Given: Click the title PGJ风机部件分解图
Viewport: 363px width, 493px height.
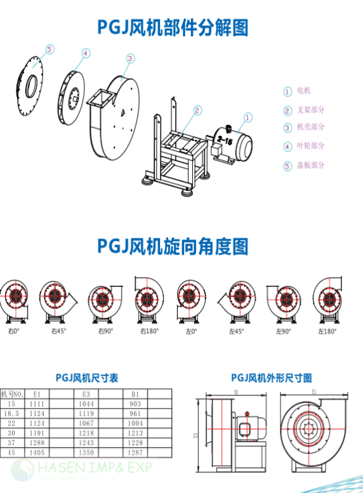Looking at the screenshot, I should pyautogui.click(x=172, y=27).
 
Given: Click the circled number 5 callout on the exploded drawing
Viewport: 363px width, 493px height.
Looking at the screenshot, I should pyautogui.click(x=50, y=48).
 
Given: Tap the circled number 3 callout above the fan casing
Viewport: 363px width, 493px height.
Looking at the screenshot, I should pyautogui.click(x=129, y=58).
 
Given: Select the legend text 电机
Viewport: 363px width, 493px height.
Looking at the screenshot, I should pyautogui.click(x=304, y=91).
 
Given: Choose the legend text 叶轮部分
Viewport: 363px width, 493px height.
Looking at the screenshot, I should pyautogui.click(x=310, y=146).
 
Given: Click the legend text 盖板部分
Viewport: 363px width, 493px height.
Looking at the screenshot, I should pyautogui.click(x=310, y=165).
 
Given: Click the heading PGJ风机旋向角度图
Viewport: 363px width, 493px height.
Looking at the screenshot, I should pyautogui.click(x=173, y=246).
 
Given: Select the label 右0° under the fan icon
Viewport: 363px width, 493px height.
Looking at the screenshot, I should pyautogui.click(x=14, y=331).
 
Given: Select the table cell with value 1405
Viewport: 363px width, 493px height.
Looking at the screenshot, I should pyautogui.click(x=37, y=453).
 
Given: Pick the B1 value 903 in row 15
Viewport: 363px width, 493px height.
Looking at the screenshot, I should pyautogui.click(x=135, y=404).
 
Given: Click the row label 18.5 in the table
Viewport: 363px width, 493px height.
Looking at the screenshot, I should pyautogui.click(x=11, y=413).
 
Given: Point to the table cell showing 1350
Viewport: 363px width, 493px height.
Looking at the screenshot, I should pyautogui.click(x=86, y=453).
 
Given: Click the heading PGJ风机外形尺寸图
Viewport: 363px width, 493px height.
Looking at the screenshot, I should pyautogui.click(x=272, y=378).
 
